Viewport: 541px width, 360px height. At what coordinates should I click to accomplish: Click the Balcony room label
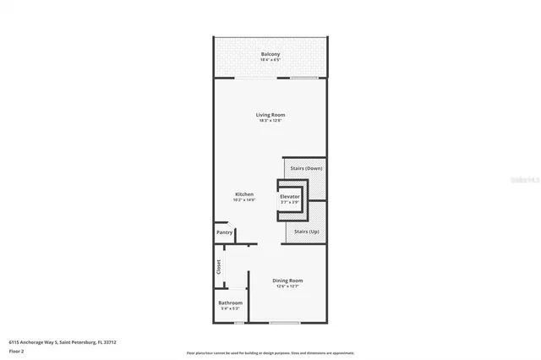coord(270,55)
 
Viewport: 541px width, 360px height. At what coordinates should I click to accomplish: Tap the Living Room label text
coord(270,115)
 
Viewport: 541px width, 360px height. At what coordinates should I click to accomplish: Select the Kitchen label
coord(244,194)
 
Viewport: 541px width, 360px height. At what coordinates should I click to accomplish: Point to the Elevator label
coord(290,197)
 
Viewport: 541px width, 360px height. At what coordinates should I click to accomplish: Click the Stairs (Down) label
coord(306,168)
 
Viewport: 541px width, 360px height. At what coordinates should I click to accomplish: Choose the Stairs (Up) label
coord(306,231)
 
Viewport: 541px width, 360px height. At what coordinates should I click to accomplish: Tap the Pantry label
coord(224,232)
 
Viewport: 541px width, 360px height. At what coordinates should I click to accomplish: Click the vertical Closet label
coord(219,267)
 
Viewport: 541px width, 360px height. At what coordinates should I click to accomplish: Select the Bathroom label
coord(230,303)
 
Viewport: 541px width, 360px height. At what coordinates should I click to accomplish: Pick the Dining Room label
coord(287,281)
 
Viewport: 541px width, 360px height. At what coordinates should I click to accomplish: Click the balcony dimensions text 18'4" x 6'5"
coord(270,61)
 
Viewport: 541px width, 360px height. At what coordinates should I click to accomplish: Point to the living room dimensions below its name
coord(270,121)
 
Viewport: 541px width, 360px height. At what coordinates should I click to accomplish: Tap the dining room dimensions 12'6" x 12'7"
coord(287,286)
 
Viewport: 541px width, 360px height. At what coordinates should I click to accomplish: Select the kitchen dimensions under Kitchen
coord(244,200)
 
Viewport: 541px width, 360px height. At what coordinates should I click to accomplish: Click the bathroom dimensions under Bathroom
coord(230,308)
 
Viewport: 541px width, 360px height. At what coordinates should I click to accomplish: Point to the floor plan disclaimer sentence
coord(270,352)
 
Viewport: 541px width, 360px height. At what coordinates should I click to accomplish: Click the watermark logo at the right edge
coord(528,180)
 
